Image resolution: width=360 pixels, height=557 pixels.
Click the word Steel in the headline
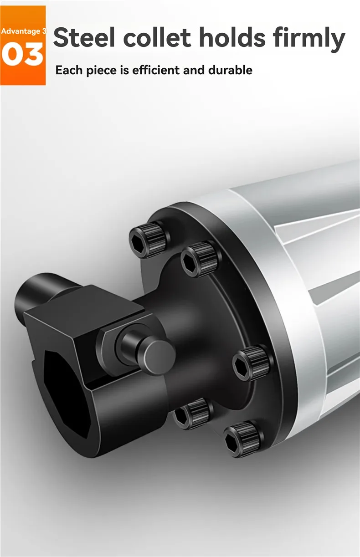click(84, 37)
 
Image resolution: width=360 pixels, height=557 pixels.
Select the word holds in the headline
click(232, 37)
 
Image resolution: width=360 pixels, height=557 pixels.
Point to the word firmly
click(309, 39)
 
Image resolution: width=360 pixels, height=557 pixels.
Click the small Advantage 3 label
click(23, 31)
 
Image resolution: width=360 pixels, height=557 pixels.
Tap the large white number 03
click(22, 54)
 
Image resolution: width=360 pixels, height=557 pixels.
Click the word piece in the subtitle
click(102, 71)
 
